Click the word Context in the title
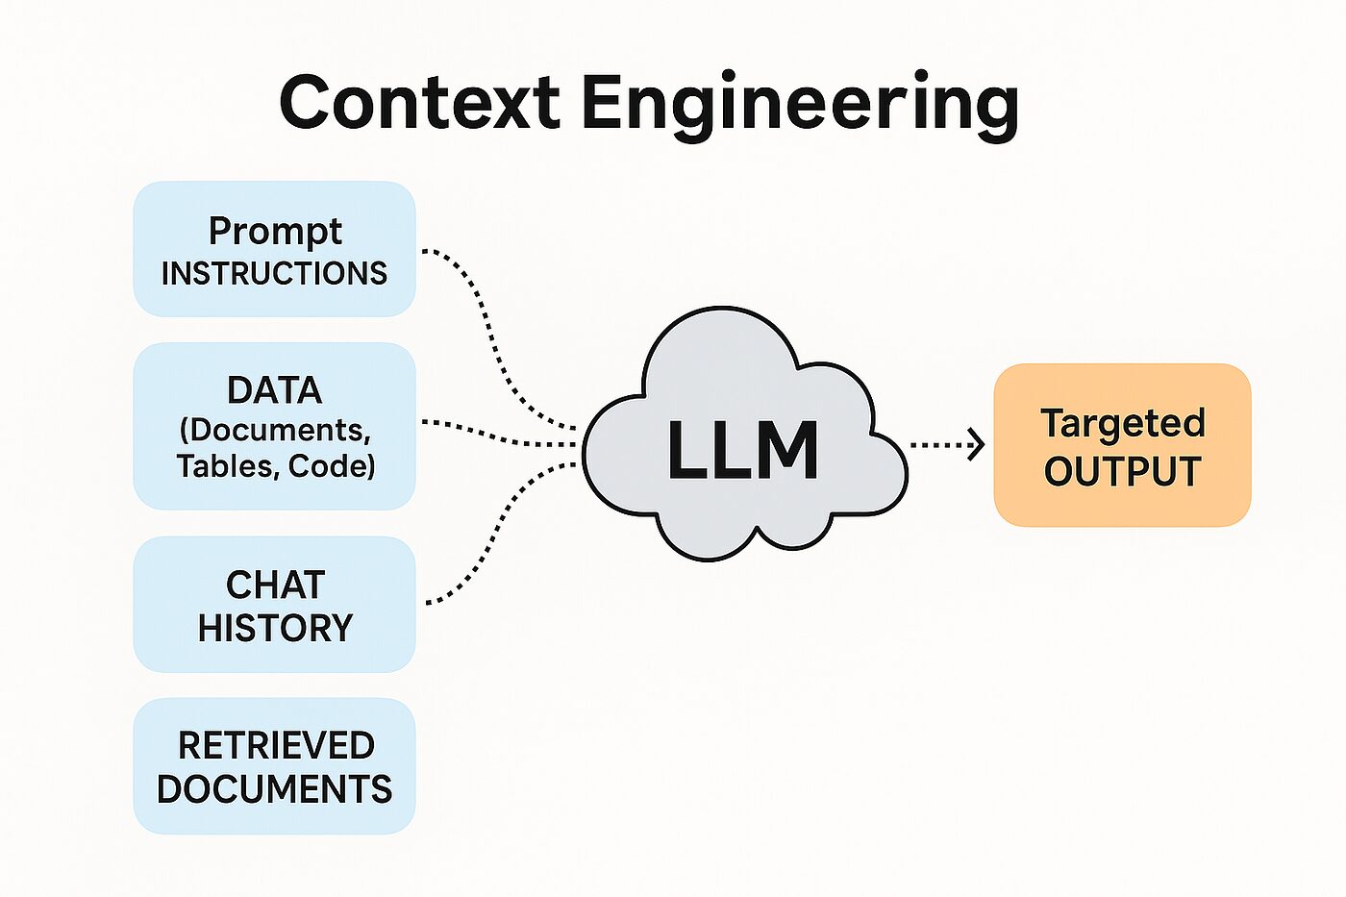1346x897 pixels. point(418,102)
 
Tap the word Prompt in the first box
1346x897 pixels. point(275,232)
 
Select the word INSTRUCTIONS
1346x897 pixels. point(274,274)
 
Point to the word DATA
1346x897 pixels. point(275,390)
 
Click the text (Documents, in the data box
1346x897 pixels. point(275,430)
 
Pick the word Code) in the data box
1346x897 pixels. point(333,466)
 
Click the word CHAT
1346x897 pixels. point(275,585)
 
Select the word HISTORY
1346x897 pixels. point(275,628)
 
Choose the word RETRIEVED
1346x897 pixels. point(276,745)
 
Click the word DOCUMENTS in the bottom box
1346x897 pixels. point(274,789)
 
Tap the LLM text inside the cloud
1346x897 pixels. point(742,451)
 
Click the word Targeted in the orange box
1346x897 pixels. point(1122,424)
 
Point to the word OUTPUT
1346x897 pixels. point(1122,472)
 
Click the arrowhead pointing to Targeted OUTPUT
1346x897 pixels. point(978,444)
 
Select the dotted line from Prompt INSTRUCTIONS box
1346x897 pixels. point(486,317)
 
